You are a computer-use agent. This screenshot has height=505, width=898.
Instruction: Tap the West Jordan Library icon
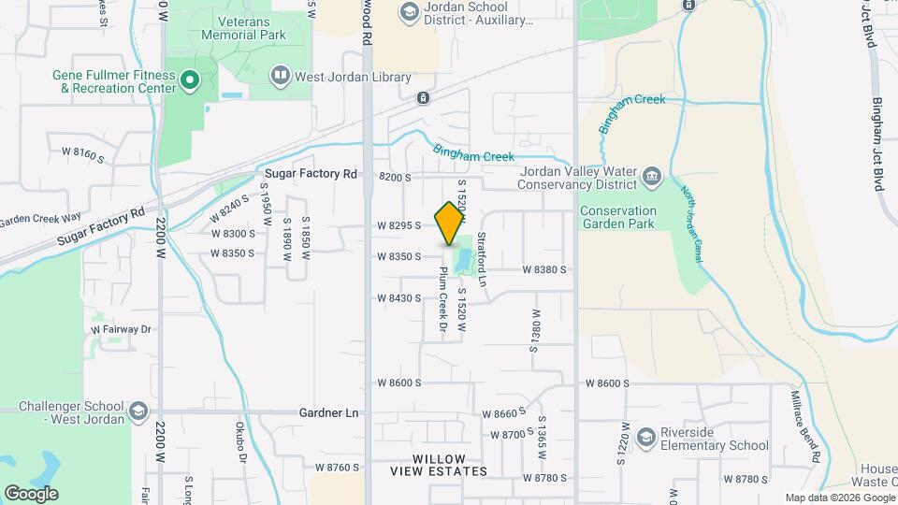click(x=280, y=74)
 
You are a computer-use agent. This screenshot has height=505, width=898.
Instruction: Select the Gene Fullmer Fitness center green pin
click(x=190, y=80)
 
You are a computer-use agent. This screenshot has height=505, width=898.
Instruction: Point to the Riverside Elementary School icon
click(x=646, y=438)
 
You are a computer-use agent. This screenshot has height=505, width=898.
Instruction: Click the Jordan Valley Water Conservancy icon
click(x=652, y=175)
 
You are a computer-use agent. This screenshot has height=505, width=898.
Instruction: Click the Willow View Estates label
click(x=440, y=465)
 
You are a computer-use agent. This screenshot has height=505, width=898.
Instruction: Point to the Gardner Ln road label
click(x=329, y=412)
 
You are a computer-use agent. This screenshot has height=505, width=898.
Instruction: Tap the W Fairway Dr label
click(x=121, y=329)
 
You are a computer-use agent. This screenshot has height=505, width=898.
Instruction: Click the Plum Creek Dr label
click(x=444, y=301)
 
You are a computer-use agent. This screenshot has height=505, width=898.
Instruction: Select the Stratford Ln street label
click(x=483, y=259)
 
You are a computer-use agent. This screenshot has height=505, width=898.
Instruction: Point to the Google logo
click(x=31, y=494)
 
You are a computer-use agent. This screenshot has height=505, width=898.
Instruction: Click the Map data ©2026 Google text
click(x=838, y=498)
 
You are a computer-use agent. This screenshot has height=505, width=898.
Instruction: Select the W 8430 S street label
click(x=399, y=298)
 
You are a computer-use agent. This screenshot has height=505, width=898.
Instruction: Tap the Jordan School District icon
click(x=409, y=12)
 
